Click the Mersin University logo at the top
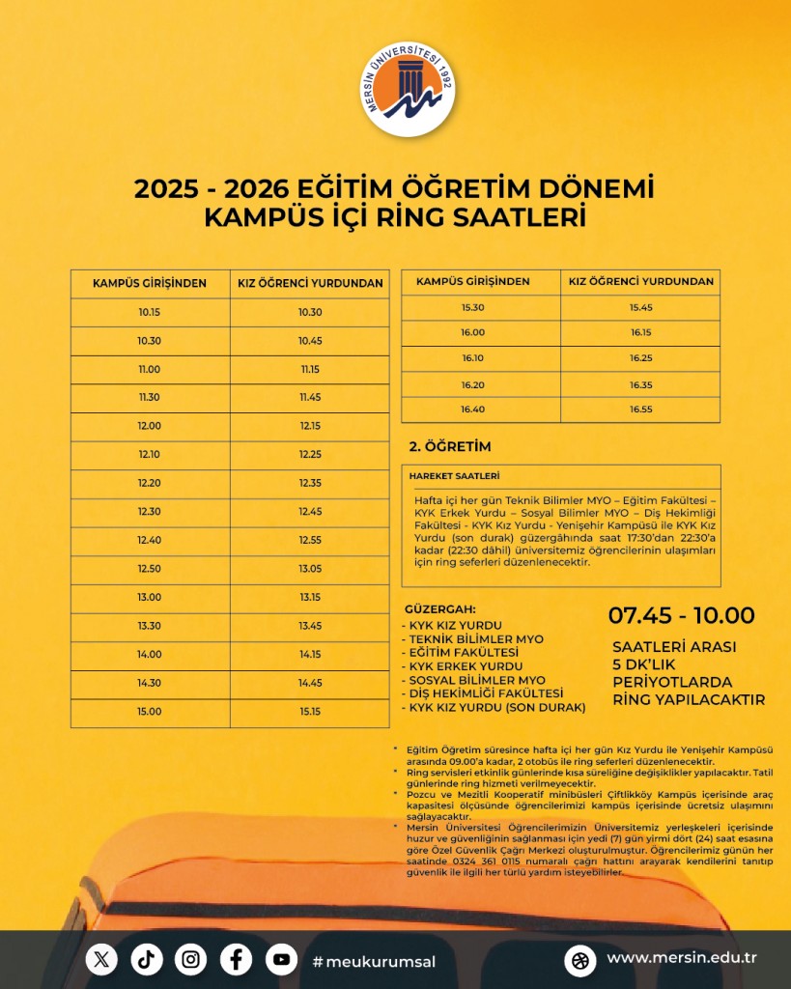pyautogui.click(x=409, y=91)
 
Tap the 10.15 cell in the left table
pyautogui.click(x=150, y=312)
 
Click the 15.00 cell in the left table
pyautogui.click(x=150, y=712)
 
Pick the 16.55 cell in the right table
pyautogui.click(x=641, y=410)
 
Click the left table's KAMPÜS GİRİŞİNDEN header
pyautogui.click(x=150, y=283)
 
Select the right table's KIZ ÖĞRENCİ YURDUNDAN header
pyautogui.click(x=641, y=281)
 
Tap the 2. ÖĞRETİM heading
pyautogui.click(x=451, y=446)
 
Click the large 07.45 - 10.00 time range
pyautogui.click(x=681, y=615)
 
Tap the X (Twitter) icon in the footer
pyautogui.click(x=101, y=959)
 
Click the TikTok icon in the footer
pyautogui.click(x=147, y=959)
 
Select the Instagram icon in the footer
pyautogui.click(x=191, y=959)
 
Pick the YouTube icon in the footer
pyautogui.click(x=281, y=959)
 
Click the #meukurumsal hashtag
pyautogui.click(x=374, y=961)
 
